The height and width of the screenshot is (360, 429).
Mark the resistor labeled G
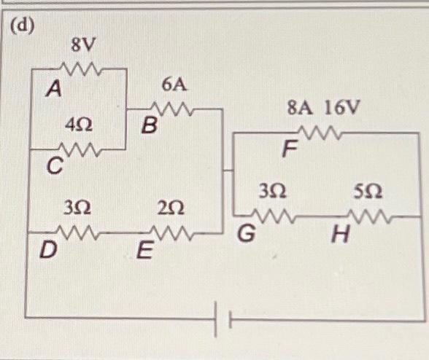(273, 216)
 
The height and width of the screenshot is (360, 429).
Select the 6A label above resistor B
(174, 86)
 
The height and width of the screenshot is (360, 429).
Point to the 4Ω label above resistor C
(78, 125)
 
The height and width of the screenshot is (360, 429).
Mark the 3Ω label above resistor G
(271, 192)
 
